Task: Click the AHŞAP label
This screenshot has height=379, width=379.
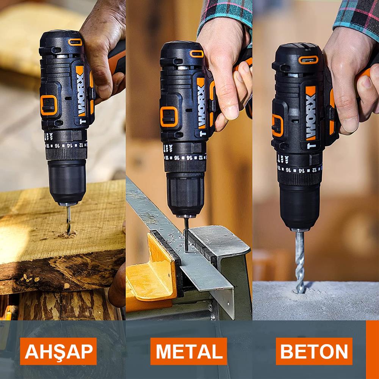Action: [58, 351]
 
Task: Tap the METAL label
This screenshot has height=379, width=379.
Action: [189, 351]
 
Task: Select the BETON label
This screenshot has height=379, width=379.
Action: [314, 351]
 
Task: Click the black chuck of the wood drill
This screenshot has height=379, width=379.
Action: [67, 182]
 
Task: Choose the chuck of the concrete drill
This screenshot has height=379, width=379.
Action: [300, 207]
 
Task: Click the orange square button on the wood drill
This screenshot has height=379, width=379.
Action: [49, 105]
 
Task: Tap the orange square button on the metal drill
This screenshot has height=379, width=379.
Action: [169, 116]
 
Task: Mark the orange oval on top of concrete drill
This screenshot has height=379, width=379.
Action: [308, 60]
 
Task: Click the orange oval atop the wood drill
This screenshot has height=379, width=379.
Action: [75, 42]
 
